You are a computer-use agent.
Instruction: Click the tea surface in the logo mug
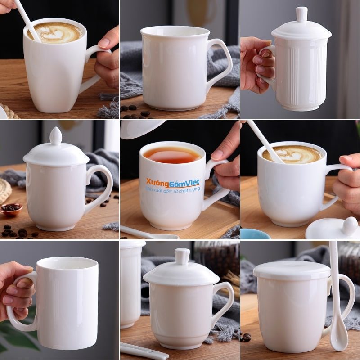point(172,155)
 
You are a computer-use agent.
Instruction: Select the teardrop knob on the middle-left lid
point(56,136)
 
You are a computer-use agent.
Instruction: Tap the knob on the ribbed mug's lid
point(301,14)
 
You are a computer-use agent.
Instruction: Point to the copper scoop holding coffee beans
point(12,209)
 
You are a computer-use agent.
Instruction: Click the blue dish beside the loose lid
point(255,234)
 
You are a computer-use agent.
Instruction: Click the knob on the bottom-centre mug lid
point(182,256)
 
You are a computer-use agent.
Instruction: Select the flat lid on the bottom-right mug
point(292,271)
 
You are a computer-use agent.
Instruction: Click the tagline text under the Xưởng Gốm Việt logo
point(172,190)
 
